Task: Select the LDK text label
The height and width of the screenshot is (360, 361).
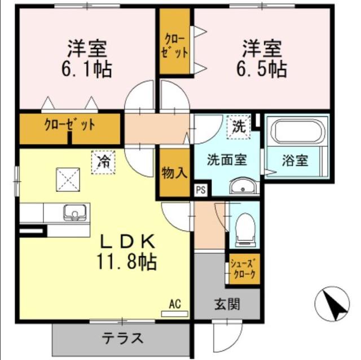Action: [x=127, y=241]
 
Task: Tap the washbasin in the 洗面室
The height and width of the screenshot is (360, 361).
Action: [x=244, y=186]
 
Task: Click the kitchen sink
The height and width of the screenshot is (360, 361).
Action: [x=74, y=213]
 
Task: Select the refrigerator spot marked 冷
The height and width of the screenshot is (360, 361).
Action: [x=103, y=162]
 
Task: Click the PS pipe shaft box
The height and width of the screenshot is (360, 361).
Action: [x=200, y=190]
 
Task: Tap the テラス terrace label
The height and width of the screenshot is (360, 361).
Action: [x=122, y=339]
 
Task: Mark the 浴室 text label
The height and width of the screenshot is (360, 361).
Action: [x=295, y=160]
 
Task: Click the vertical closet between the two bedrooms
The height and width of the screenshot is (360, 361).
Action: [x=175, y=42]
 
